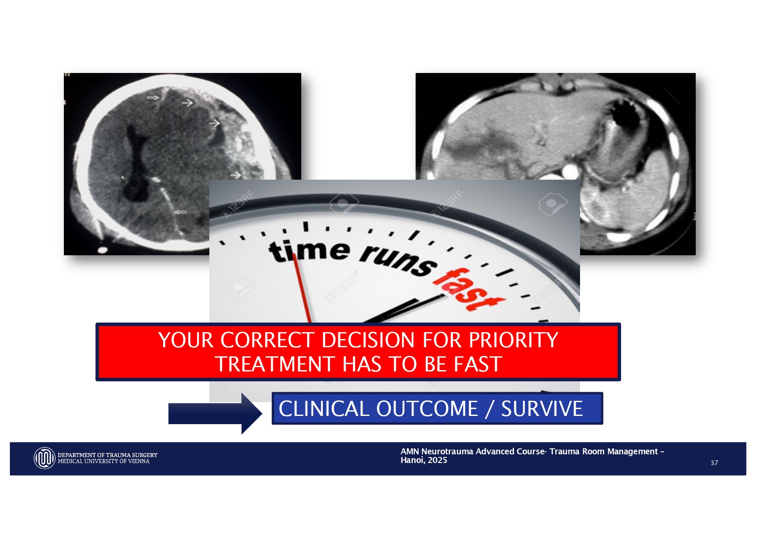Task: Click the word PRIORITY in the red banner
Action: (513, 340)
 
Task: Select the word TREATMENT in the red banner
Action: (274, 364)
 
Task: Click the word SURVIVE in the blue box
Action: (542, 409)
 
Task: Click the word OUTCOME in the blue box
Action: (427, 409)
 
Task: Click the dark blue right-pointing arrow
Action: (215, 413)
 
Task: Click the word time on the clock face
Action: (309, 251)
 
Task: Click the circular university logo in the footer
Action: (44, 458)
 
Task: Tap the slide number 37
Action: (714, 463)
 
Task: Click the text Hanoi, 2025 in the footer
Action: (424, 460)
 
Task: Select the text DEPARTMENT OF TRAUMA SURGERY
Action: (108, 455)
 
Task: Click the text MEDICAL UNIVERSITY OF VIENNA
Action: (104, 461)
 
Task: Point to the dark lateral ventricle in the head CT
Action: (136, 164)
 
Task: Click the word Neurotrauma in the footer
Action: (447, 451)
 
